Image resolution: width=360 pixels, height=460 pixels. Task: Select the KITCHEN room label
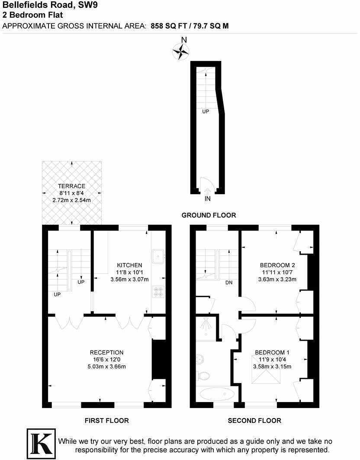tap(129, 265)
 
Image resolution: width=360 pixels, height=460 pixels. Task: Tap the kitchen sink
tap(158, 256)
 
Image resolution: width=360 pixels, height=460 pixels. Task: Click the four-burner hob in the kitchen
tap(158, 292)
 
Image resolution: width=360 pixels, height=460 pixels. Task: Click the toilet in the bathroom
tap(201, 375)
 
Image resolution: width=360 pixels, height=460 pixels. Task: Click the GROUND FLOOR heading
tap(209, 215)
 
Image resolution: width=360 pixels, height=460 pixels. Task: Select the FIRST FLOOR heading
tap(107, 420)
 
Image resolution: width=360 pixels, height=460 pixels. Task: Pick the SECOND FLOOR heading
tap(254, 420)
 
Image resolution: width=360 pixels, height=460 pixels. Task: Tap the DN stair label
tap(229, 283)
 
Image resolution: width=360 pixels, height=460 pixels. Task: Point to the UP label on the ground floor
tap(206, 111)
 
